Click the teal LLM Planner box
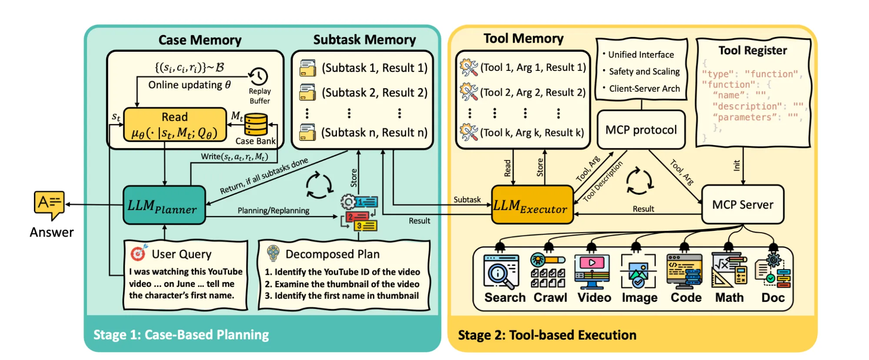tap(164, 205)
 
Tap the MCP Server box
tap(742, 204)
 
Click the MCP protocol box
tap(641, 130)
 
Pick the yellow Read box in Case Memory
tap(175, 125)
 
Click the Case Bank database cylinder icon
tap(256, 125)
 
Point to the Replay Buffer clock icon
tap(258, 76)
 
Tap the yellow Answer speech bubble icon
tap(49, 204)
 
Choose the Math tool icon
tap(729, 270)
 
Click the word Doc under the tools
tap(772, 298)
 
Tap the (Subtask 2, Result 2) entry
tap(374, 93)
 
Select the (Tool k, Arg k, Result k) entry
tap(532, 133)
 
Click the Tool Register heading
tap(752, 50)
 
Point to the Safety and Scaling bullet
tap(644, 72)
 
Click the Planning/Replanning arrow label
tap(273, 211)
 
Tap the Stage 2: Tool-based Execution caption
tap(547, 335)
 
